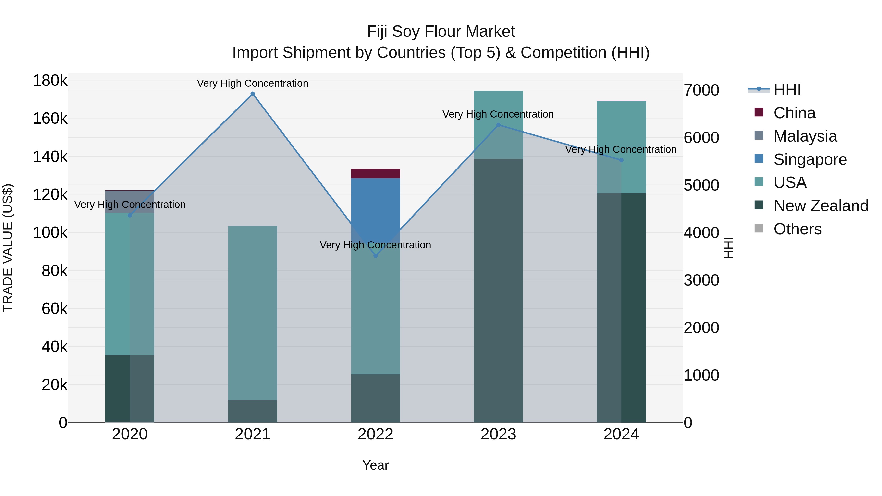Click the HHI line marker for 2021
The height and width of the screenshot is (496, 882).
click(253, 94)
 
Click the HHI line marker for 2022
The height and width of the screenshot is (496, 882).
click(376, 256)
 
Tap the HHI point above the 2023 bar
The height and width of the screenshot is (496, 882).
click(499, 125)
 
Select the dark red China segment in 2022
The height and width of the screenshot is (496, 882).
click(376, 174)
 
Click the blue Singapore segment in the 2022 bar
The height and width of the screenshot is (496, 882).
click(376, 206)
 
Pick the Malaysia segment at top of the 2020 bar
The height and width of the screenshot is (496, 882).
click(130, 202)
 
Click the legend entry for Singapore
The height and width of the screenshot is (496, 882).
click(810, 159)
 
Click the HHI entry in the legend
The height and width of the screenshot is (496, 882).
click(787, 90)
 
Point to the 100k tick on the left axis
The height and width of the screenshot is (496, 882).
click(50, 233)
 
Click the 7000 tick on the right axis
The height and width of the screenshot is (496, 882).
click(701, 90)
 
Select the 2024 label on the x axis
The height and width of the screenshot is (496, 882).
click(621, 434)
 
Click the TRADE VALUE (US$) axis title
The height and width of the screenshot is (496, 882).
click(8, 248)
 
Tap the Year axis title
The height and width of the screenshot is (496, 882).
click(376, 465)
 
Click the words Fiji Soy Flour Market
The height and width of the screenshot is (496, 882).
click(441, 32)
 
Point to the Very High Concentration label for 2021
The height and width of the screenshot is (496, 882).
click(253, 83)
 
